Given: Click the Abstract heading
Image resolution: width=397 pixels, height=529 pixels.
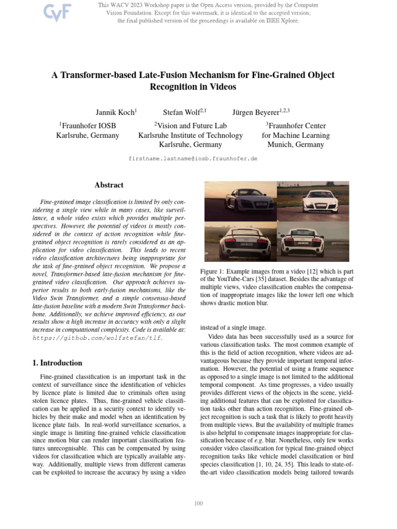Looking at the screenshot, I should point(109,185).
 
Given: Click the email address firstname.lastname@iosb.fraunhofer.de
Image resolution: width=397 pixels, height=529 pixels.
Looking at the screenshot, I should point(192,159).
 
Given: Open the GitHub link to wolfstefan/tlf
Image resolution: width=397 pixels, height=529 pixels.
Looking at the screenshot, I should point(97,338).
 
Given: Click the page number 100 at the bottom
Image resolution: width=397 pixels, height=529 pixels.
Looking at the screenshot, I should point(198,503).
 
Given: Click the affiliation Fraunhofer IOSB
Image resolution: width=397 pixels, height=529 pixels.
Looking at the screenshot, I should point(87,126).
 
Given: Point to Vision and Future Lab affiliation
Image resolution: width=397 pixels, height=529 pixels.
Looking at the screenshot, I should point(190,126).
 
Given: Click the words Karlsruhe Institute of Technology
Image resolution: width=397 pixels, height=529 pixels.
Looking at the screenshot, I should point(190,135).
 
